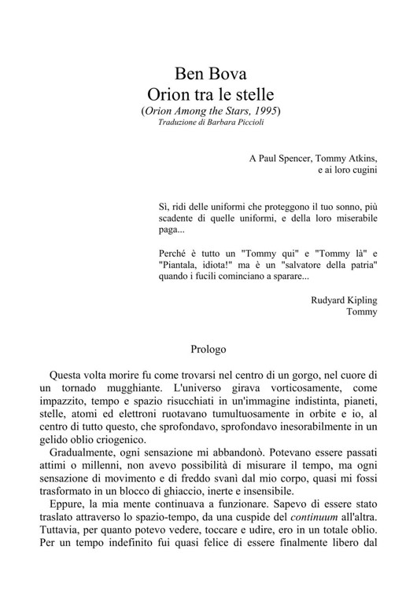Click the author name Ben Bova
point(211,75)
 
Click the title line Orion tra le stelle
point(211,97)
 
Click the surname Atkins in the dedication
point(361,157)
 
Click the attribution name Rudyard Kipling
point(344,299)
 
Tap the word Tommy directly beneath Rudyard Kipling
point(361,312)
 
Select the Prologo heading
point(208,346)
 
